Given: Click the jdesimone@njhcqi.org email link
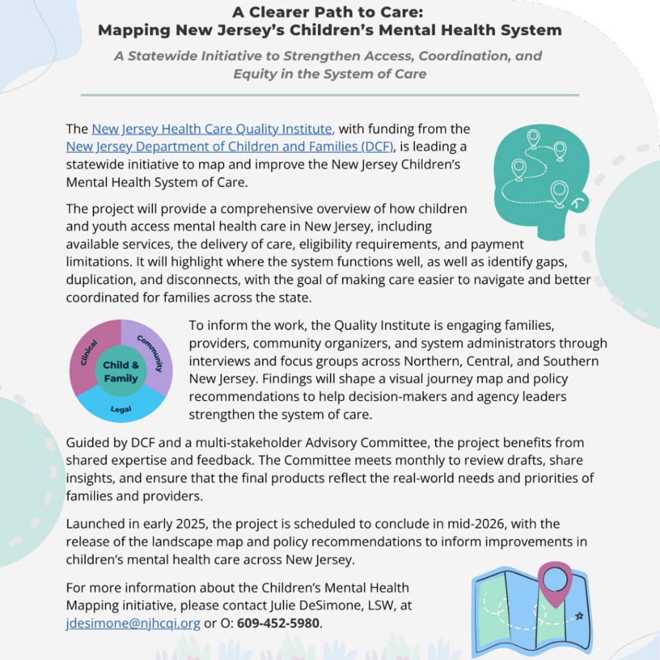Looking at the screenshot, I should (133, 624).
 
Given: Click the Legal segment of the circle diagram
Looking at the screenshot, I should (121, 407).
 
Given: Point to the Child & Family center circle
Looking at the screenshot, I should (121, 372).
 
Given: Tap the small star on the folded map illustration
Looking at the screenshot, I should (579, 616).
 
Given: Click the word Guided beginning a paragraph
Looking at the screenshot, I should (86, 443).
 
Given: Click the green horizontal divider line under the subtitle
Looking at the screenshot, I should (329, 95).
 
